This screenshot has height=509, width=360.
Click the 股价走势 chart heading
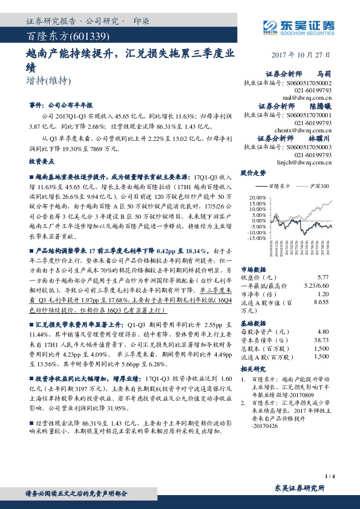coord(253,173)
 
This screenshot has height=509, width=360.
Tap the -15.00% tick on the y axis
coord(257,238)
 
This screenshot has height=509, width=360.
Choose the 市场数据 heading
coord(252,268)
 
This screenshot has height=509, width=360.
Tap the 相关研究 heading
coord(252,368)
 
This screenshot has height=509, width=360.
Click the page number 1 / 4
coord(330,476)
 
